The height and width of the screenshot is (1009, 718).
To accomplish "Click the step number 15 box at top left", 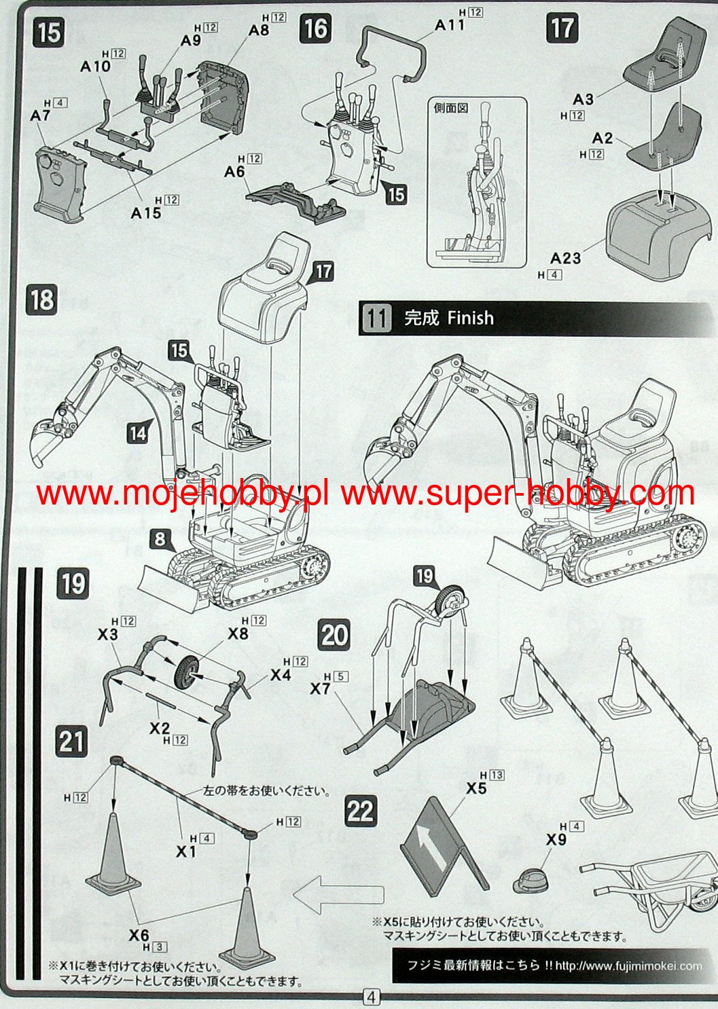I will tap(49, 32).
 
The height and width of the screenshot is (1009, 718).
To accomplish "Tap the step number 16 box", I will tap(315, 29).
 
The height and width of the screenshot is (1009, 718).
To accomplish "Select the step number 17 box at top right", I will tap(562, 29).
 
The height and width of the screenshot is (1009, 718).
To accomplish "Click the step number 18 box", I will tap(42, 299).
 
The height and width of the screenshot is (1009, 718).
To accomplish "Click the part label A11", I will tap(450, 24).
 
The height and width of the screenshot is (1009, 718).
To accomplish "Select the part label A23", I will tap(565, 258).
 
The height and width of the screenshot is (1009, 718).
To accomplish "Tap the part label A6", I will tap(234, 172).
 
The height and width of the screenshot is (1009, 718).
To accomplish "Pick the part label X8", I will tap(238, 634).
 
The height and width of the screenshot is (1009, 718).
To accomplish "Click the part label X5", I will tap(476, 788).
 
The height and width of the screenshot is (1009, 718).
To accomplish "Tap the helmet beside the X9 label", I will tap(531, 880).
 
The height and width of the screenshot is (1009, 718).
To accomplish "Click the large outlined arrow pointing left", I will tap(338, 894).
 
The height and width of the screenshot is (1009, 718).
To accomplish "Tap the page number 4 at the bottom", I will tap(371, 997).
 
